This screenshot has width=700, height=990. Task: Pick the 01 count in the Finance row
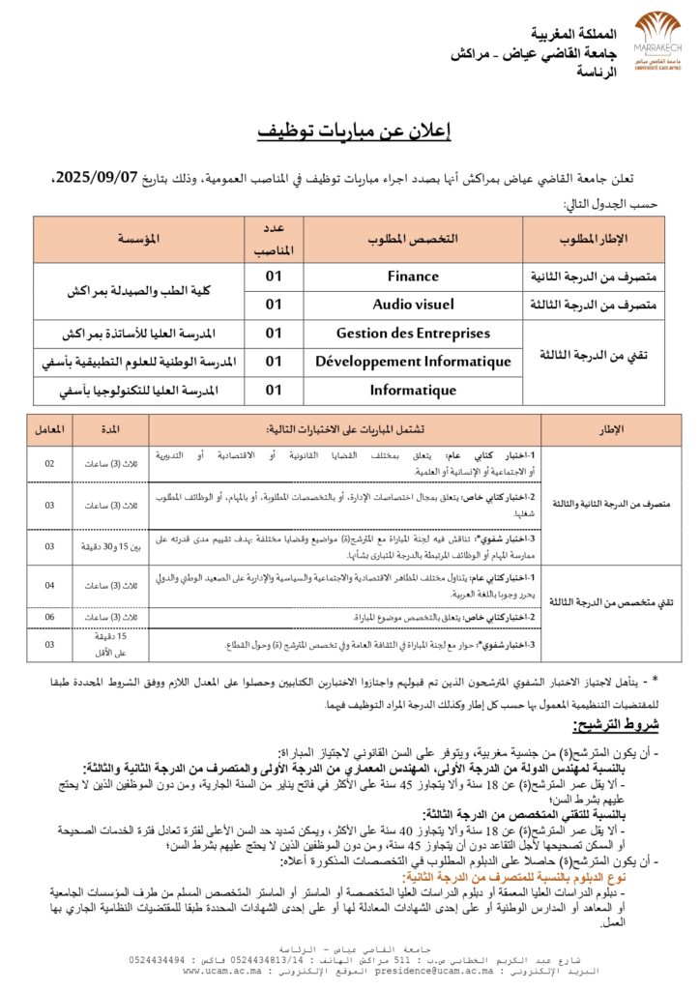(274, 277)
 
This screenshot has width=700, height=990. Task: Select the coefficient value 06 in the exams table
(49, 616)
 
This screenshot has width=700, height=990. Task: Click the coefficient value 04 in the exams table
(49, 585)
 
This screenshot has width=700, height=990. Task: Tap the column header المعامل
(49, 428)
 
